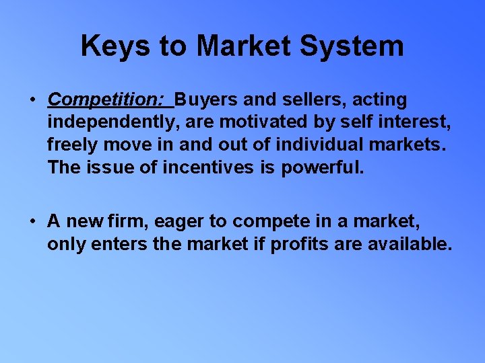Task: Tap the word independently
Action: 108,123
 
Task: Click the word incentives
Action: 208,167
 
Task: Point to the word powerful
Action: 322,167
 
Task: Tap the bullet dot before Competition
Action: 32,100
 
